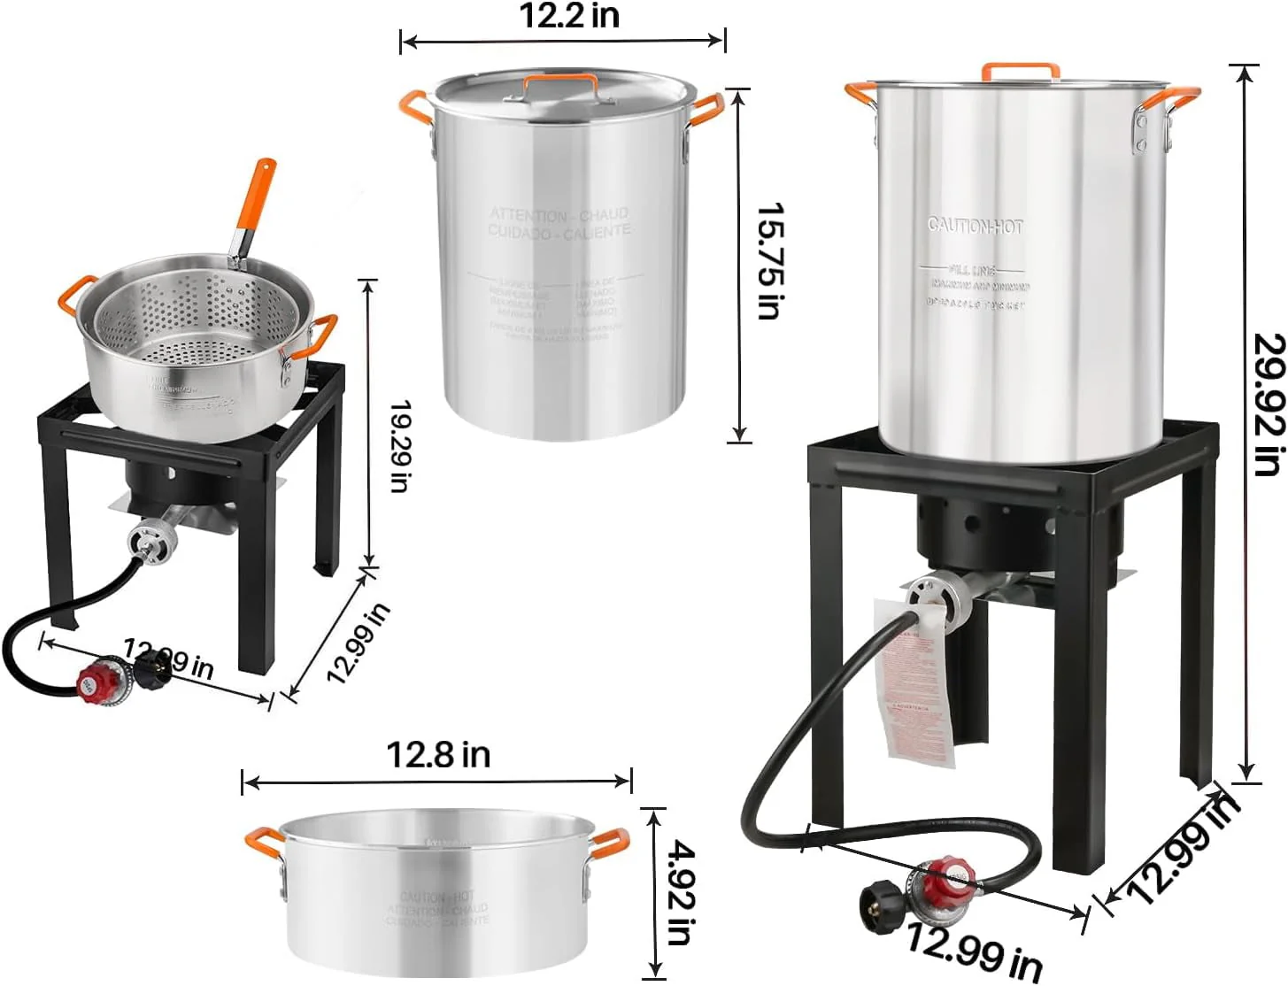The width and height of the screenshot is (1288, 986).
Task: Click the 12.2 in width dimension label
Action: (x=569, y=15)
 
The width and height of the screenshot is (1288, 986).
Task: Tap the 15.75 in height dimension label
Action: (x=769, y=260)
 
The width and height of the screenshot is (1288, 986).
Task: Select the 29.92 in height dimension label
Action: (x=1268, y=404)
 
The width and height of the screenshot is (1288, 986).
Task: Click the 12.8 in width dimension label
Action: (x=438, y=755)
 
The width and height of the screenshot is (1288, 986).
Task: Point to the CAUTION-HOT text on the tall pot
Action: (x=975, y=226)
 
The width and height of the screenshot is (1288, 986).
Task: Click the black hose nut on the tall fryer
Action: (x=882, y=905)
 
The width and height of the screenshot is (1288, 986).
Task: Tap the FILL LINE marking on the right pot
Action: (x=972, y=269)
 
